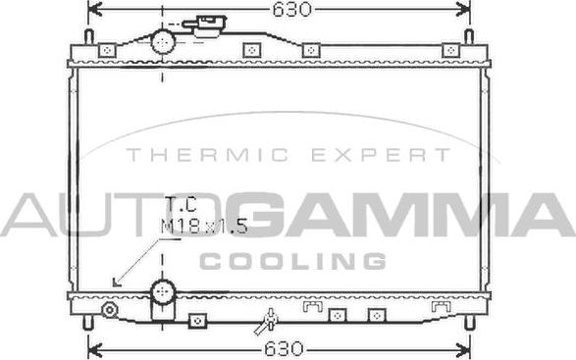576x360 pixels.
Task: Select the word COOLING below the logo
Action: (x=292, y=261)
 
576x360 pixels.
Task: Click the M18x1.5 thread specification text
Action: (x=203, y=227)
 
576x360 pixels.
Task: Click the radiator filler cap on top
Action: (x=208, y=24)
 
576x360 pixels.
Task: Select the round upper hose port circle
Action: (x=162, y=41)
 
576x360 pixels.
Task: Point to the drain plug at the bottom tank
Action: (x=267, y=321)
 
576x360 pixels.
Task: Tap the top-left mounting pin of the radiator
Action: (x=88, y=37)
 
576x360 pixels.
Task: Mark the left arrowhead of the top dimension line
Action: (x=93, y=10)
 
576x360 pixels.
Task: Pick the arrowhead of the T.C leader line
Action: (x=117, y=283)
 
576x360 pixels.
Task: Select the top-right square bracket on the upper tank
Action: (x=450, y=50)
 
